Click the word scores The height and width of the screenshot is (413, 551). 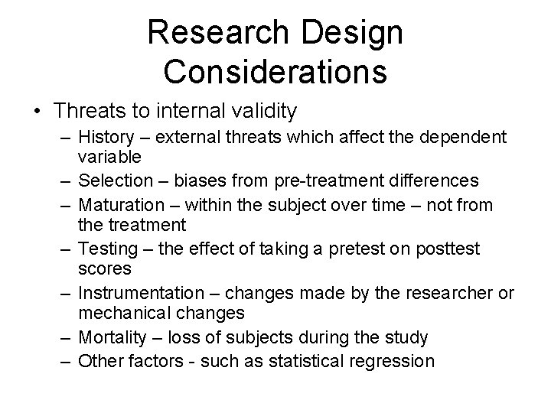(x=105, y=270)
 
